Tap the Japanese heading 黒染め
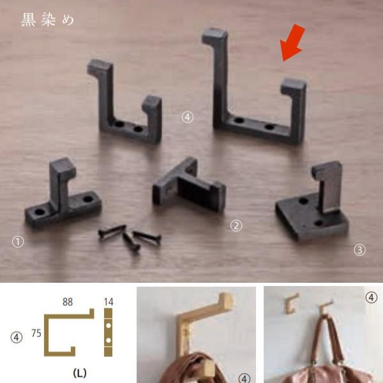coord(47,20)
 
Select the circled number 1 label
coord(17,241)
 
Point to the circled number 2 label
coord(236,225)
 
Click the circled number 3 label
coord(360,250)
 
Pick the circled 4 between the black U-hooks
coord(187,117)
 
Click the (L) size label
coord(80,373)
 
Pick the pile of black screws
coord(130,237)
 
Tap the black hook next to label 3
coord(315,204)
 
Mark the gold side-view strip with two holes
coord(109,332)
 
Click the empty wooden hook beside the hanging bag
coord(292,303)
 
